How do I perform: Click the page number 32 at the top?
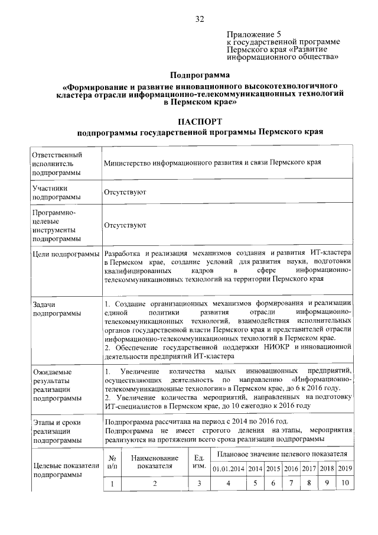[200, 20]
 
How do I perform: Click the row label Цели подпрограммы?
[66, 254]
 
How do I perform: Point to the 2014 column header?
[255, 468]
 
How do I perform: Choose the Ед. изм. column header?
[199, 462]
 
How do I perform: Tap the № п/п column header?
[112, 462]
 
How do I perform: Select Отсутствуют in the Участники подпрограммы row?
[125, 193]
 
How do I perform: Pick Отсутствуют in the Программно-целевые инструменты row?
[125, 225]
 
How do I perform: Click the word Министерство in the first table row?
[128, 162]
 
